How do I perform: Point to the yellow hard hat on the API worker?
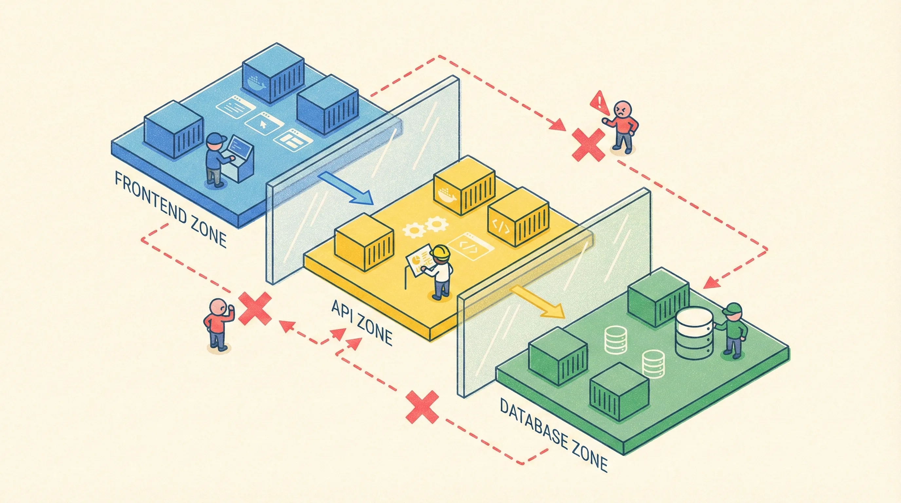pyautogui.click(x=440, y=252)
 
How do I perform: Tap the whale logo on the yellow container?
pyautogui.click(x=446, y=195)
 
